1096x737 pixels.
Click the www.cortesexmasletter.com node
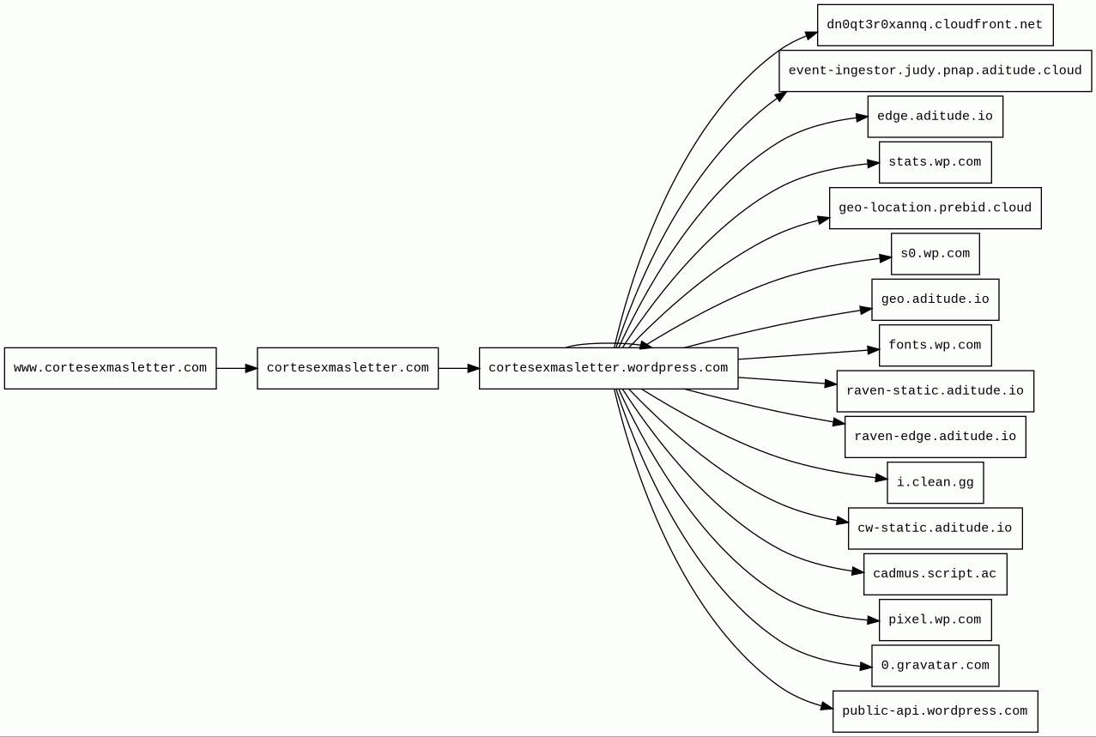[110, 368]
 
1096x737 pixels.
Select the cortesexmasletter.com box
[348, 368]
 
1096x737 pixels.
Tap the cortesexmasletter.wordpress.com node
[608, 368]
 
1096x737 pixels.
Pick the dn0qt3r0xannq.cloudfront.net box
[935, 25]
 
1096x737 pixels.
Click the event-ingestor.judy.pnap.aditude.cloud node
[935, 70]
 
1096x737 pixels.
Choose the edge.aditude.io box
[935, 117]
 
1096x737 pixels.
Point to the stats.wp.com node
[935, 162]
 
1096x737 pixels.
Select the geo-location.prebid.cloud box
[935, 208]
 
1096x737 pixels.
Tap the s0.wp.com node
[935, 254]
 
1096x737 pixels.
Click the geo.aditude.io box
[935, 299]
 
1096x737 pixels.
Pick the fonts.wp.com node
[935, 345]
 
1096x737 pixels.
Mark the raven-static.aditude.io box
[935, 391]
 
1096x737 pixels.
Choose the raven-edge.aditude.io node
[935, 437]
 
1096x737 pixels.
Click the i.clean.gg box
[935, 482]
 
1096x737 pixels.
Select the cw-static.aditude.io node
[935, 529]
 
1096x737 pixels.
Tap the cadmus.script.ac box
[935, 574]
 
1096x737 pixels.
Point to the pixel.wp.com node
[935, 619]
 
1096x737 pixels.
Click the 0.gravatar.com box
[935, 666]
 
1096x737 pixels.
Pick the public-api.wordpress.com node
[935, 711]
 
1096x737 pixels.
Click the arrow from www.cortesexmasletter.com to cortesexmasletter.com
[236, 368]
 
